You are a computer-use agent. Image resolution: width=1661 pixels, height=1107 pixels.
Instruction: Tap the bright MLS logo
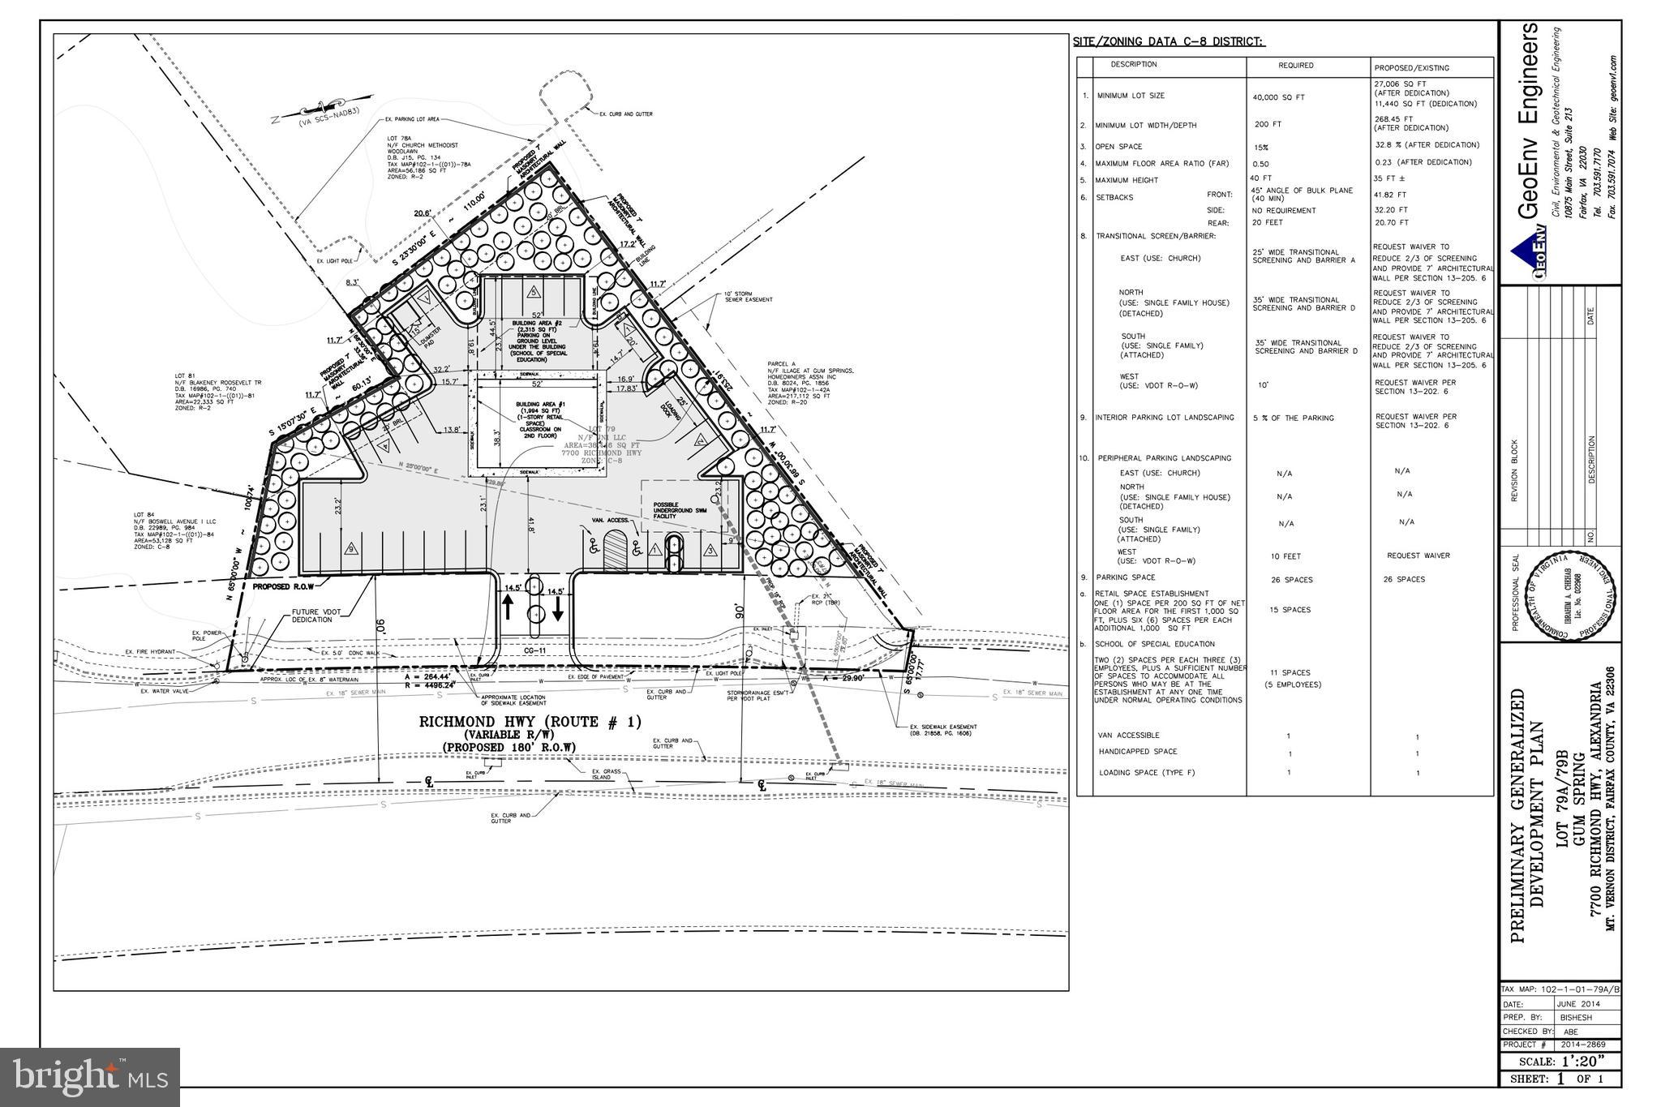90,1076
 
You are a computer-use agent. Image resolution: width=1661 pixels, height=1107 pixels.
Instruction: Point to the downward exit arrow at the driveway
558,608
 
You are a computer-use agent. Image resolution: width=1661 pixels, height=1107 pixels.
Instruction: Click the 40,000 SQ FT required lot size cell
1278,97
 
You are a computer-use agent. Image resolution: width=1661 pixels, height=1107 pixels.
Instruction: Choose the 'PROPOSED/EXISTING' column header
1411,68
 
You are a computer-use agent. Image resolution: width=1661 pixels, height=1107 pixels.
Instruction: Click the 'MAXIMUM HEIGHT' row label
1127,180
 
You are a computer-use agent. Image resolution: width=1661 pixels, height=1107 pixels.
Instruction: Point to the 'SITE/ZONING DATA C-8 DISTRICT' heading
1169,41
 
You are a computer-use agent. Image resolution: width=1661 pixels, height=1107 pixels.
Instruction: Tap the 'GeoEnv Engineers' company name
1529,122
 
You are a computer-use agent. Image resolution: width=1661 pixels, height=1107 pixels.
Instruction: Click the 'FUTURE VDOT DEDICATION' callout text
312,616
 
